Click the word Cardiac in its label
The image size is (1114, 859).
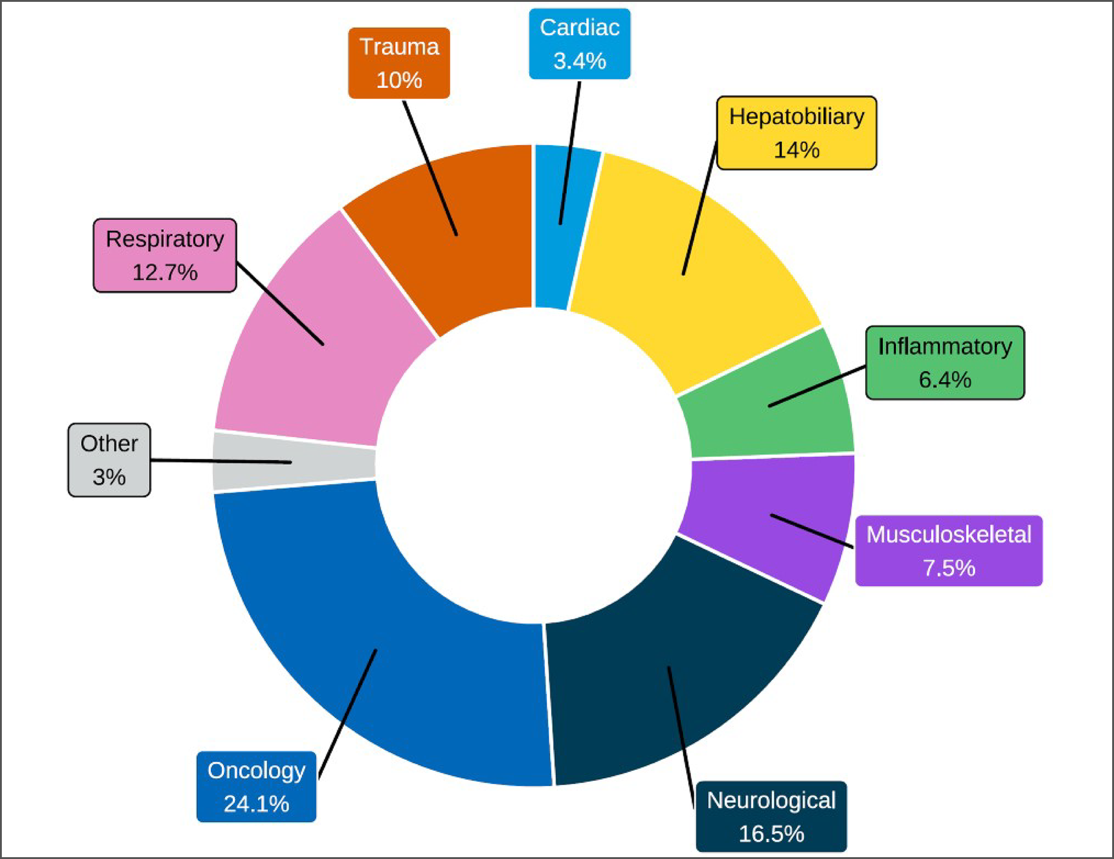click(x=580, y=28)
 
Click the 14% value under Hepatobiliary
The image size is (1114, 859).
click(x=796, y=150)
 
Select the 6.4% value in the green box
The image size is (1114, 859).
click(x=945, y=379)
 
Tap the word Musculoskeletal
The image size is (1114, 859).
click(x=949, y=535)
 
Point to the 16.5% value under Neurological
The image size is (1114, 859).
click(x=771, y=834)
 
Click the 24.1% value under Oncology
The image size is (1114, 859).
click(x=257, y=804)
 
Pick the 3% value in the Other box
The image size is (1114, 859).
click(x=109, y=476)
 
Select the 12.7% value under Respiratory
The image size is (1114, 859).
click(x=165, y=272)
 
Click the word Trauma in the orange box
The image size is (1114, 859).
click(x=399, y=47)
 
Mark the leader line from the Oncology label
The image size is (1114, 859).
click(x=347, y=714)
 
